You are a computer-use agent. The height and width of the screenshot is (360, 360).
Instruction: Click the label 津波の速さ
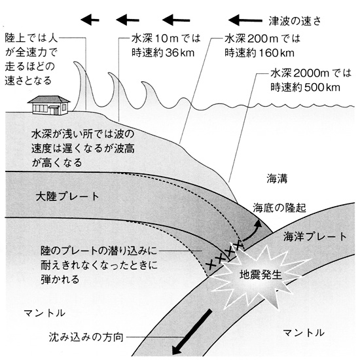coord(295,21)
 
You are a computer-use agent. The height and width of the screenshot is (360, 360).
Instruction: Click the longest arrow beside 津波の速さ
coord(245,20)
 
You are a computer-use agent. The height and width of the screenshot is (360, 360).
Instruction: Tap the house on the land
coord(48,105)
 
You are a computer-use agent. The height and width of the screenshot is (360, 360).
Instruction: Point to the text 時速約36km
coord(163,53)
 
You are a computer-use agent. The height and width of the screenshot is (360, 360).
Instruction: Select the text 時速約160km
coord(259,53)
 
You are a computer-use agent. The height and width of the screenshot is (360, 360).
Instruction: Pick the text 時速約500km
coord(306,88)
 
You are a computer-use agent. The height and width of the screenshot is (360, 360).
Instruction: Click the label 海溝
coord(277,179)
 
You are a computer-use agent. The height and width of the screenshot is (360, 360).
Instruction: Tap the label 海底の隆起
coord(279,207)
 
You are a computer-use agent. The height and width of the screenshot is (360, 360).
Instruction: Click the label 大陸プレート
coord(67,196)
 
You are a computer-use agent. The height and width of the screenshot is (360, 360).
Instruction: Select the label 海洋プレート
coord(315,236)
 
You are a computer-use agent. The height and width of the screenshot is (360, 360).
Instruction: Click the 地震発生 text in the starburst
coord(261,274)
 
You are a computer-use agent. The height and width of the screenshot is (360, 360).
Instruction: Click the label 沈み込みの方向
coord(86,337)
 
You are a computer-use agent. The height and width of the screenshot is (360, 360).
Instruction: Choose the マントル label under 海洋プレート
coord(304,333)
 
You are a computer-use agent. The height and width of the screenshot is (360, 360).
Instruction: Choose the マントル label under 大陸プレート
coord(45,313)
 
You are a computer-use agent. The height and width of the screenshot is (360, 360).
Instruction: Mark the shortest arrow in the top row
coord(90,20)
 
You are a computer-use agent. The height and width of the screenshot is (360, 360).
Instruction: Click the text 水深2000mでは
coord(311,73)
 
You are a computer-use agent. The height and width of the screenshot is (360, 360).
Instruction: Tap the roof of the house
coord(49,99)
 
